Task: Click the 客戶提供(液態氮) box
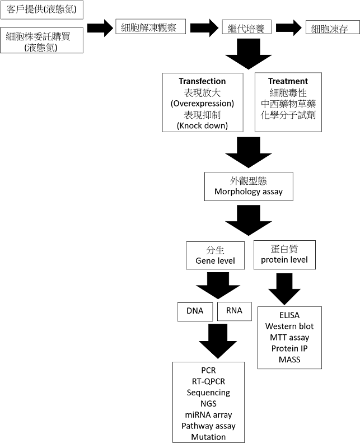[41, 10]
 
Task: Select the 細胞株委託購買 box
[41, 41]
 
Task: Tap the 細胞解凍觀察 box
[150, 27]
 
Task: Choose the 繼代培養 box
[246, 27]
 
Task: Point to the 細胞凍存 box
[330, 28]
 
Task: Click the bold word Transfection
[202, 81]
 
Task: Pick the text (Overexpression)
[202, 104]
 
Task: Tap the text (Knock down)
[202, 125]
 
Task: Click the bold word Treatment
[288, 81]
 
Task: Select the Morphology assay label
[248, 192]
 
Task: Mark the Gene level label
[215, 261]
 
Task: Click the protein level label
[284, 260]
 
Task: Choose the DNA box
[195, 311]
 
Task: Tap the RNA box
[234, 310]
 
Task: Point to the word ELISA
[289, 315]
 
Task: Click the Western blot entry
[289, 326]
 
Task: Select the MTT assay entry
[289, 337]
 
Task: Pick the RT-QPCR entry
[208, 381]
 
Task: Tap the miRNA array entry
[208, 415]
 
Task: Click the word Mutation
[208, 437]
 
